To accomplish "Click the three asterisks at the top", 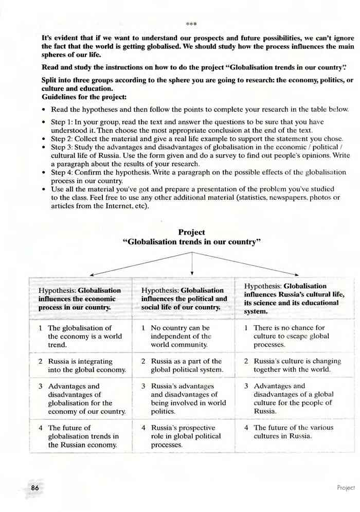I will [191, 24].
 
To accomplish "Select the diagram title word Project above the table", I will [191, 232].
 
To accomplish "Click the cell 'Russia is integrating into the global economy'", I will [82, 365].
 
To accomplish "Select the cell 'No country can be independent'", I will [183, 336].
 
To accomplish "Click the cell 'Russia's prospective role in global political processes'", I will [183, 436].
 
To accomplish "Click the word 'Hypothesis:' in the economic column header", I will [57, 290].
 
